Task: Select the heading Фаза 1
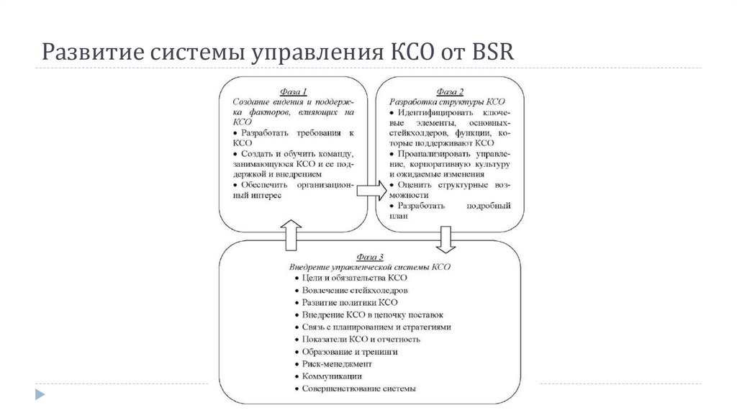(x=294, y=92)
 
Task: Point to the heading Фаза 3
(x=370, y=257)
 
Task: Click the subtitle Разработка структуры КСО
(x=447, y=102)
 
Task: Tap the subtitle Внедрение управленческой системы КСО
(x=370, y=266)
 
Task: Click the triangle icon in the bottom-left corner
(x=39, y=394)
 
